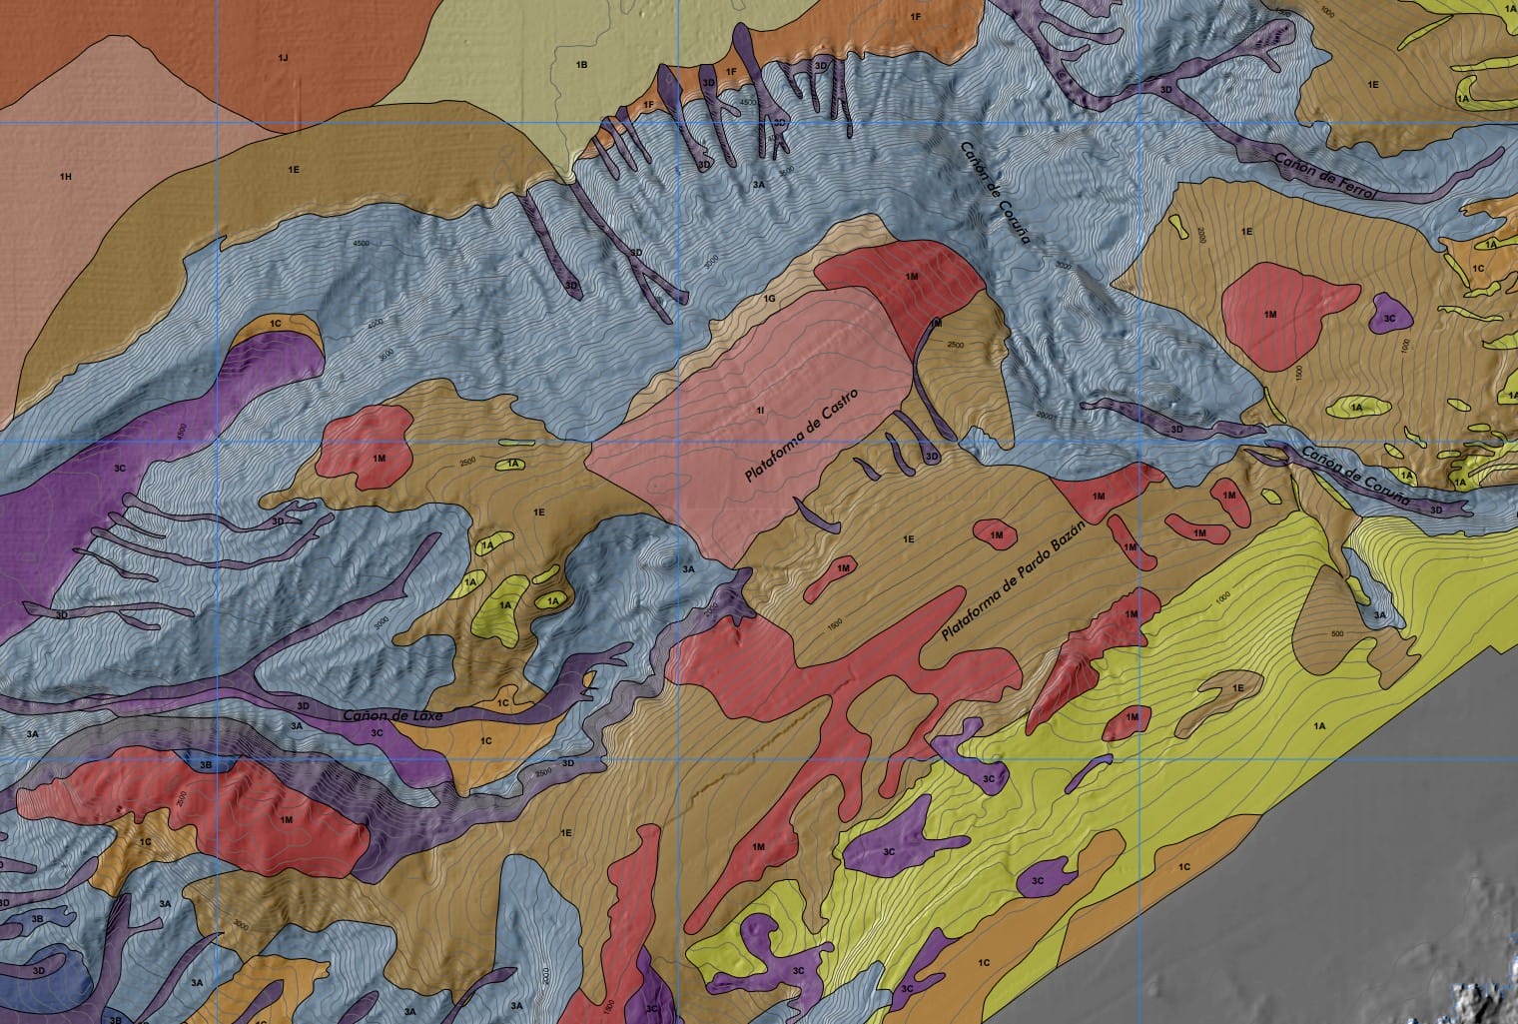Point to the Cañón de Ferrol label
(1325, 175)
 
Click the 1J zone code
(283, 58)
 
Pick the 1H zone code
(66, 177)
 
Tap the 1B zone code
(581, 65)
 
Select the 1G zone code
(769, 299)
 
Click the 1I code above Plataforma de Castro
(761, 410)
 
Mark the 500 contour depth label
(1339, 633)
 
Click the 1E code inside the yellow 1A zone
(1238, 688)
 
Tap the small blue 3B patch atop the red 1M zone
(206, 765)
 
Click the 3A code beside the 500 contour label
(1380, 614)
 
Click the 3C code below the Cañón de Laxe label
(378, 732)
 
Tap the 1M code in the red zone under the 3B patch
(287, 819)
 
